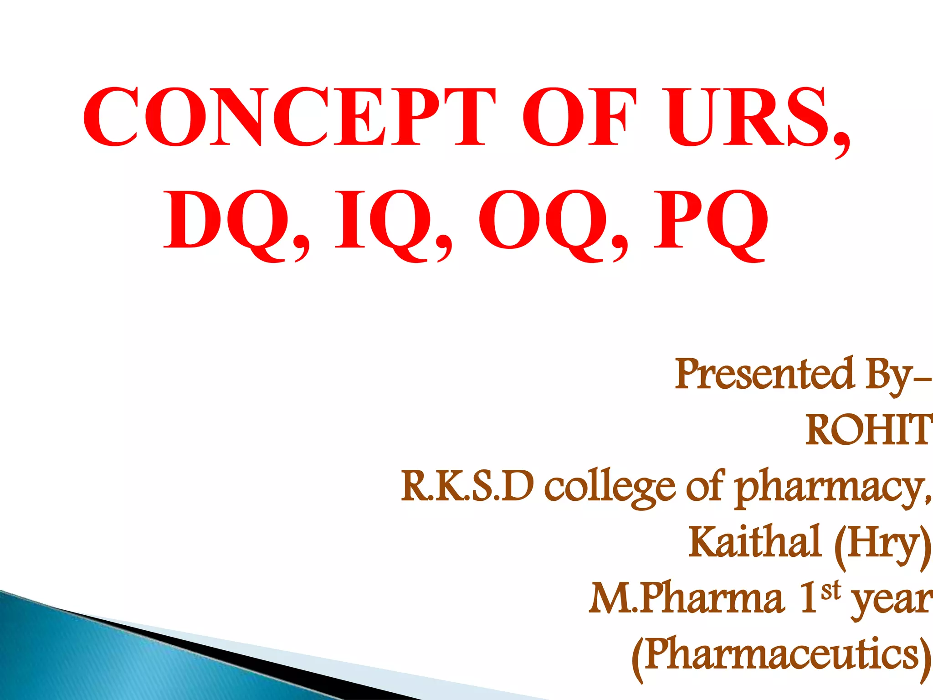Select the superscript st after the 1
pyautogui.click(x=830, y=590)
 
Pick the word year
pyautogui.click(x=891, y=601)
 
